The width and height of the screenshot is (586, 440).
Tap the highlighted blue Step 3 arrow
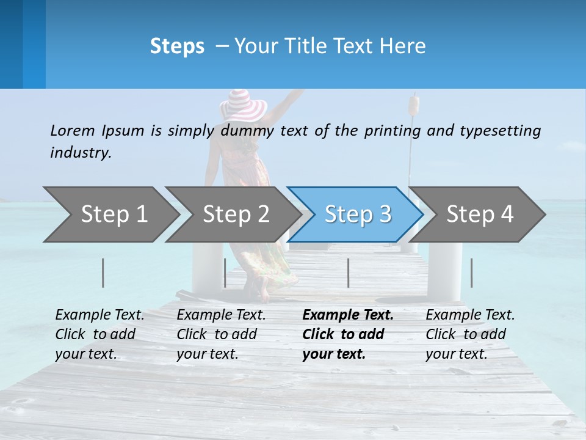click(x=358, y=215)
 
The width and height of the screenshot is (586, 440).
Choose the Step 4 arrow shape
click(x=480, y=215)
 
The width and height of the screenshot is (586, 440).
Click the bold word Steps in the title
click(x=177, y=46)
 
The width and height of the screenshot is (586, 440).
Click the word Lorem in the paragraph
click(x=72, y=130)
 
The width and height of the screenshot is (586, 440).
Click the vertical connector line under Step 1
click(x=103, y=273)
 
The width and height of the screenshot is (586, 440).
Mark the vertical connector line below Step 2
click(x=225, y=273)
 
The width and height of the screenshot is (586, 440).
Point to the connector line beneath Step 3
click(x=348, y=273)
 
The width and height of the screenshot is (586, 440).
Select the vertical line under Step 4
click(x=472, y=273)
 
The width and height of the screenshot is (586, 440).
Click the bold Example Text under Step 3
click(x=348, y=315)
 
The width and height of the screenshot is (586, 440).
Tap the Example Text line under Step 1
click(x=99, y=315)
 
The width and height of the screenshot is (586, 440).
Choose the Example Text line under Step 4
click(x=470, y=315)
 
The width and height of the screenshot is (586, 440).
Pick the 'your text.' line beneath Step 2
click(x=207, y=354)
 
